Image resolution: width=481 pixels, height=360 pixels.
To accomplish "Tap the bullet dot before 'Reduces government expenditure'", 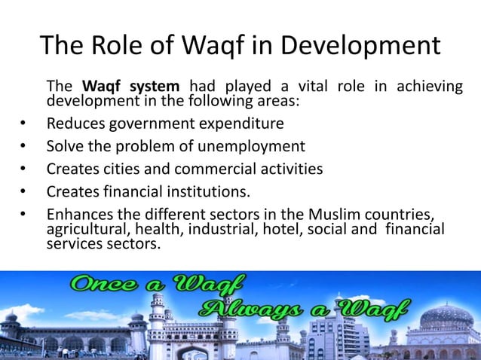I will pyautogui.click(x=24, y=124).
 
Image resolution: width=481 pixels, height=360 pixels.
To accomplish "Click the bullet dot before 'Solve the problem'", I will pyautogui.click(x=24, y=146).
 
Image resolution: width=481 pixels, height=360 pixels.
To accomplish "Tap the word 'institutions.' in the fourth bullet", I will pyautogui.click(x=204, y=191).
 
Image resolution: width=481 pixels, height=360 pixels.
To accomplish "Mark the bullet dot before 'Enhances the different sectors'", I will pyautogui.click(x=24, y=214).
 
